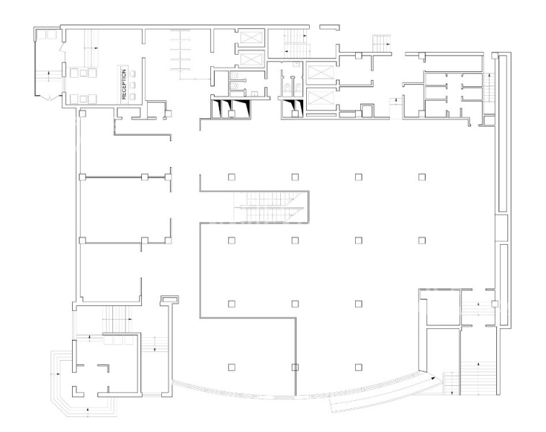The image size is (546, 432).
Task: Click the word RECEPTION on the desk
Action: (124, 84)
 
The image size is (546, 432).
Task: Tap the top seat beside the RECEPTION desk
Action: (133, 73)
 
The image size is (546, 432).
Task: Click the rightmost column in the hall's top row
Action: (422, 177)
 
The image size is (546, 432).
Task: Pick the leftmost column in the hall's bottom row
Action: (231, 367)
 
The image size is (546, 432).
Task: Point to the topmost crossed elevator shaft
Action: (251, 37)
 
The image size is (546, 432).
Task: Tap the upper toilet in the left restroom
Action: (235, 75)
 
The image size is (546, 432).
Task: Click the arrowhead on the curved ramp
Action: (432, 377)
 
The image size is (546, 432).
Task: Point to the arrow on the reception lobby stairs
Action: (94, 48)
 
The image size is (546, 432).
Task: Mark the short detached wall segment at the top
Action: (329, 27)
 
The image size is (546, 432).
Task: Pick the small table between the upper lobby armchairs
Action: (83, 73)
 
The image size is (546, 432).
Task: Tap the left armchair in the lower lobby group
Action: (73, 99)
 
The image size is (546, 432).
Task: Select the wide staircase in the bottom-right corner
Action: (478, 378)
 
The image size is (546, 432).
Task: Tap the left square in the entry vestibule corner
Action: (42, 35)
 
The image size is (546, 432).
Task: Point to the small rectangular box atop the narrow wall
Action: (169, 299)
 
